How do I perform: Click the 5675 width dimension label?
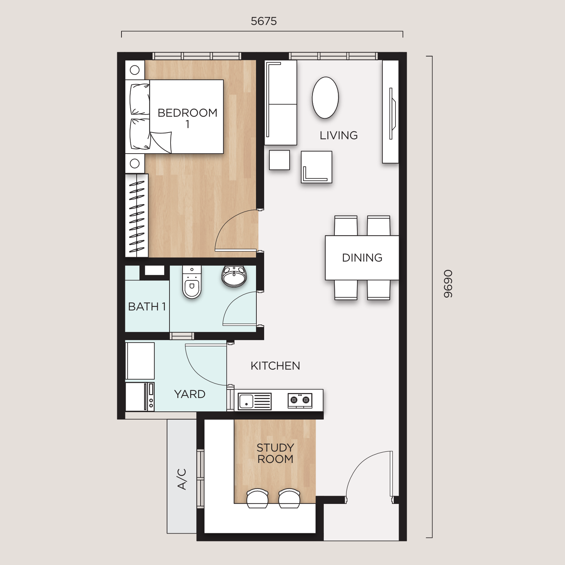[264, 21]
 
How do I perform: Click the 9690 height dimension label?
[448, 284]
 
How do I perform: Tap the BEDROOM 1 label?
[188, 118]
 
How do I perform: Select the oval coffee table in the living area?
[325, 98]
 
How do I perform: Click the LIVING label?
[339, 135]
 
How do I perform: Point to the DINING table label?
[362, 258]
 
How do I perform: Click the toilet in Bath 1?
[192, 282]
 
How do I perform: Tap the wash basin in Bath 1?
[234, 276]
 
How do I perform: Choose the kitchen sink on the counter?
[255, 402]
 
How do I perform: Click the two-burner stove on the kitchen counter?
[300, 400]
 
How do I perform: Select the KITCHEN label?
[275, 366]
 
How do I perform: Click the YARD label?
[190, 394]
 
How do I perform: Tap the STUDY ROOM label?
[275, 453]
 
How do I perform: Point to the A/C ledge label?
[182, 479]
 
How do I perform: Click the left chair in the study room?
[257, 498]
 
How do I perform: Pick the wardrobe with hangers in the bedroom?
[137, 215]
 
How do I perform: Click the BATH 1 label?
[147, 307]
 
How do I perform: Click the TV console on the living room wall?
[391, 112]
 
